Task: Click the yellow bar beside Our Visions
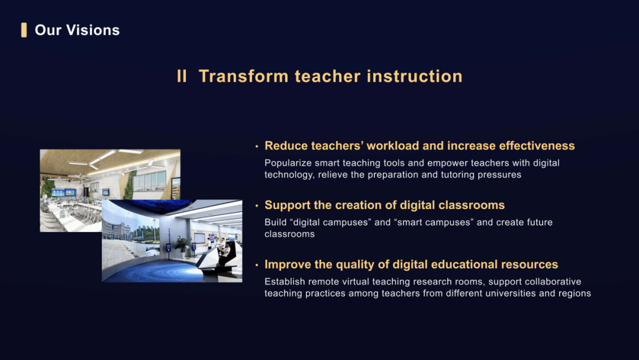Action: pos(24,30)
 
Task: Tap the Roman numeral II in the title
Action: pos(182,76)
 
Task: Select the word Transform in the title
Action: pos(244,76)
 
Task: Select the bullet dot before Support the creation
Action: pos(257,205)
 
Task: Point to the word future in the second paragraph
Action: pos(540,222)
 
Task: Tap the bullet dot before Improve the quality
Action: pos(257,265)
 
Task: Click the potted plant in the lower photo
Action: pos(182,246)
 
